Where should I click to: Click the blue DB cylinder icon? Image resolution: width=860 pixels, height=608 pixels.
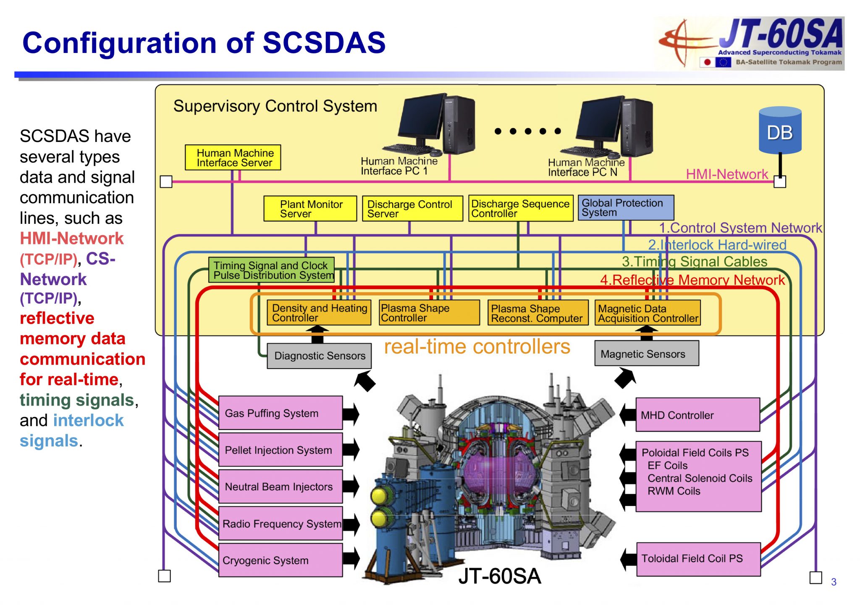[780, 131]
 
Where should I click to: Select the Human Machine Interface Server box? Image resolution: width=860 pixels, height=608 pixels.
[233, 157]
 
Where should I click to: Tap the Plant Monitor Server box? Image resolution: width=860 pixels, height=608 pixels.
[310, 209]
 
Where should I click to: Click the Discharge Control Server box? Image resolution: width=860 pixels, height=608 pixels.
[412, 209]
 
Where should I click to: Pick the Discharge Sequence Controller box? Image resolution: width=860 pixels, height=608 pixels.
[520, 208]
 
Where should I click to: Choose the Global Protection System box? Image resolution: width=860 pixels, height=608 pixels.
[625, 207]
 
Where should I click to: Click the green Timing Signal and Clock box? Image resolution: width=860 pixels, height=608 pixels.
[271, 270]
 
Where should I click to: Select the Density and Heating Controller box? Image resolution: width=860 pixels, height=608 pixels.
[319, 313]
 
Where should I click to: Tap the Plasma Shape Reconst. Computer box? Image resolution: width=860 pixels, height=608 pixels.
[537, 313]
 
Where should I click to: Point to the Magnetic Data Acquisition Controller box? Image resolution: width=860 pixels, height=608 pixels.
[647, 313]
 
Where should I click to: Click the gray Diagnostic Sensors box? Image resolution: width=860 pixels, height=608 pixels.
[319, 356]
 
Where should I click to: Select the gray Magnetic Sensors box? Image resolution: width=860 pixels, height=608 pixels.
[646, 354]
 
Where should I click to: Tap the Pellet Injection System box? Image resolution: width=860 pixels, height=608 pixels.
[280, 450]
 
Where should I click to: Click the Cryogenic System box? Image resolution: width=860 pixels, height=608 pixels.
[280, 560]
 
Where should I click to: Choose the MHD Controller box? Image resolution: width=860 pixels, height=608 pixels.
[697, 415]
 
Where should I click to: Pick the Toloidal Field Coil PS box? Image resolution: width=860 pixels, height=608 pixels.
[698, 559]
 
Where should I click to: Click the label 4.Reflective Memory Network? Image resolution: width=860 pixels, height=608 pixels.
[692, 280]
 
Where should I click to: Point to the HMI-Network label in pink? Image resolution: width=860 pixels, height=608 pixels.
[726, 174]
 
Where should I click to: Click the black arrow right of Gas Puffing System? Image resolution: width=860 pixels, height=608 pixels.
[351, 414]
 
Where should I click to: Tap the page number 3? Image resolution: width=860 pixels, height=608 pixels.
[834, 582]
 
